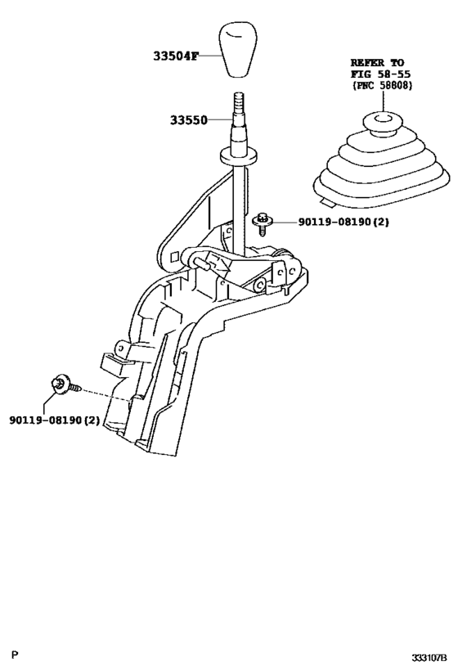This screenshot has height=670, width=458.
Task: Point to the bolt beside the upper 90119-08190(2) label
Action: (263, 220)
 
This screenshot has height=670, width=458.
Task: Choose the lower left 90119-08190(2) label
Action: (55, 420)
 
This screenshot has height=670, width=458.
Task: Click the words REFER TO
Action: (378, 62)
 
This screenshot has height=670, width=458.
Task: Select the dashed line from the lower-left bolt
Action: (102, 394)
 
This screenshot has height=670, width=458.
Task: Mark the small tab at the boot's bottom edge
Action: (324, 196)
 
